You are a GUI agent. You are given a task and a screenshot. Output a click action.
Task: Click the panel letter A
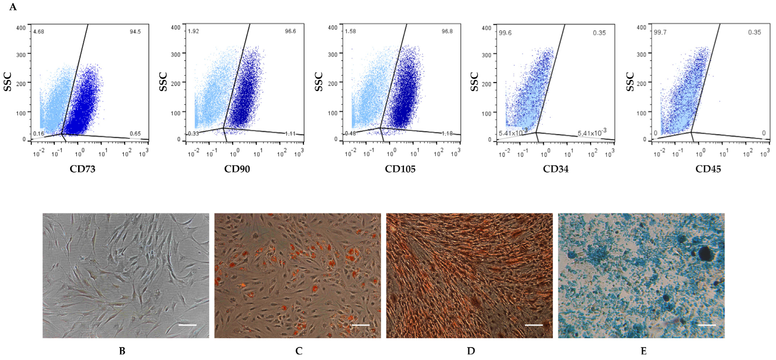(x=13, y=7)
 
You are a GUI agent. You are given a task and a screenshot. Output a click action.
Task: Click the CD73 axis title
(x=82, y=169)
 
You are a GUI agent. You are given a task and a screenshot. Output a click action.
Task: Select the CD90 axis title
(x=237, y=169)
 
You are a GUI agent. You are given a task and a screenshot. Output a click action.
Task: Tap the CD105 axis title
(x=400, y=169)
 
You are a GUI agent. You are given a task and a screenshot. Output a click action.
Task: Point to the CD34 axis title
(x=556, y=169)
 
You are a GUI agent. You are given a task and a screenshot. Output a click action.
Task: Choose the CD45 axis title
(x=708, y=169)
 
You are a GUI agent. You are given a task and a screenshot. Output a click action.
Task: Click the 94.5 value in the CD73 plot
(x=135, y=32)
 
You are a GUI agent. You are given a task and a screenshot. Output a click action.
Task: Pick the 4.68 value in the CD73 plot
(x=39, y=32)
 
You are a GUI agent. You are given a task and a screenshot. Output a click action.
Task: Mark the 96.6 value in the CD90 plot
(x=290, y=31)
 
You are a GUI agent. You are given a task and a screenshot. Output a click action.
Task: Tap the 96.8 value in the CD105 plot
(x=447, y=31)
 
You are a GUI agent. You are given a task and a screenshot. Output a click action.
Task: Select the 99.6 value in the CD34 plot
(x=505, y=33)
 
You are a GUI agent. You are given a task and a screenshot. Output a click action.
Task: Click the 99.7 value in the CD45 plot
(x=660, y=32)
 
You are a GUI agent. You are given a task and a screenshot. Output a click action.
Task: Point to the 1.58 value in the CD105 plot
(x=350, y=31)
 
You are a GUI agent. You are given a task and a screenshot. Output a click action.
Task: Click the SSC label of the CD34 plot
(x=474, y=82)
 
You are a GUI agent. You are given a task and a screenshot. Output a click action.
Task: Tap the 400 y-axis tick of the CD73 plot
(x=21, y=28)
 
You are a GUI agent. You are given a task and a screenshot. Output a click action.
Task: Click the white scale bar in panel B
(x=188, y=325)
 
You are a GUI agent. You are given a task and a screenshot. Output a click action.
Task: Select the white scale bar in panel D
(x=534, y=325)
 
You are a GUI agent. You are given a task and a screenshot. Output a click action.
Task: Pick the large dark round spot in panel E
(x=705, y=253)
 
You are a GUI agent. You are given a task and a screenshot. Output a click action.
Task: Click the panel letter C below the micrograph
(x=299, y=351)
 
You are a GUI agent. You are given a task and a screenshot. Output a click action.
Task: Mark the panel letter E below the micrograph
(x=643, y=351)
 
